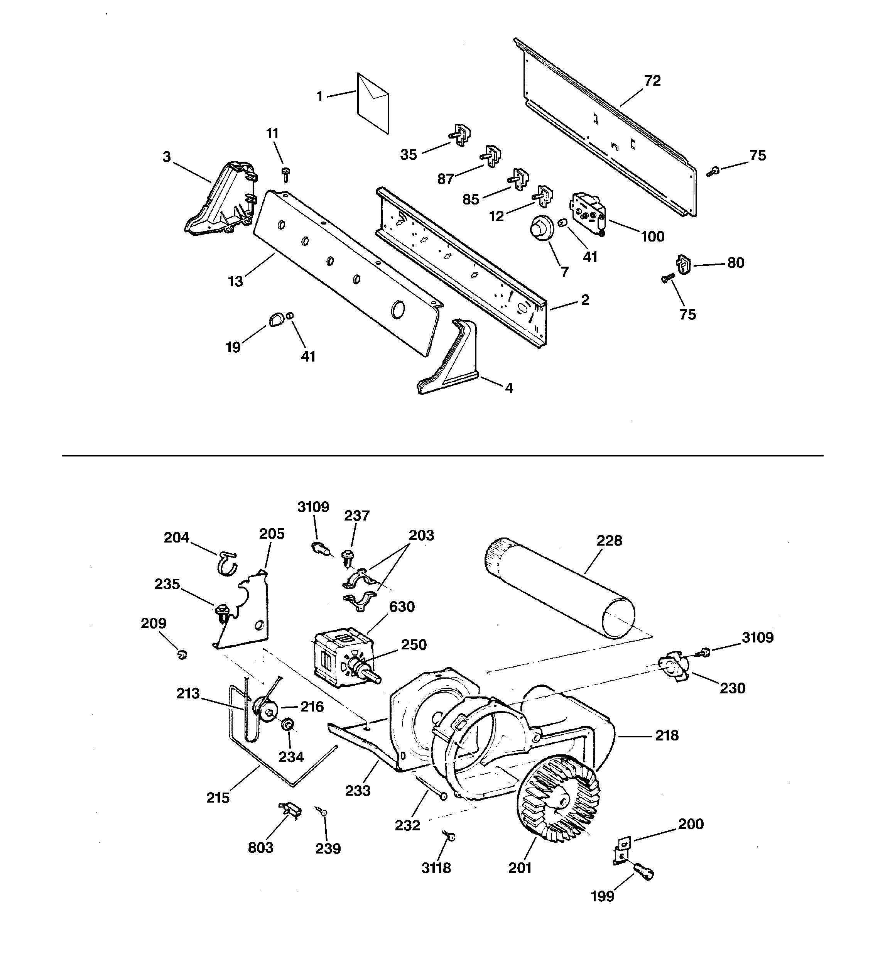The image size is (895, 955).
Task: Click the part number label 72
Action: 652,81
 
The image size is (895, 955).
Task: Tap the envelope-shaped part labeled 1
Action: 373,103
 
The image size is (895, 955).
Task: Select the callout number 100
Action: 652,237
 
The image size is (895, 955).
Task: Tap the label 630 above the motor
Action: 402,607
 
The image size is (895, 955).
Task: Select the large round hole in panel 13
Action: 398,309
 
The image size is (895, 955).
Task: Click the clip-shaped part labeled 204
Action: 226,563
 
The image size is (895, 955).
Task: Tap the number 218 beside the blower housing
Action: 667,735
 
